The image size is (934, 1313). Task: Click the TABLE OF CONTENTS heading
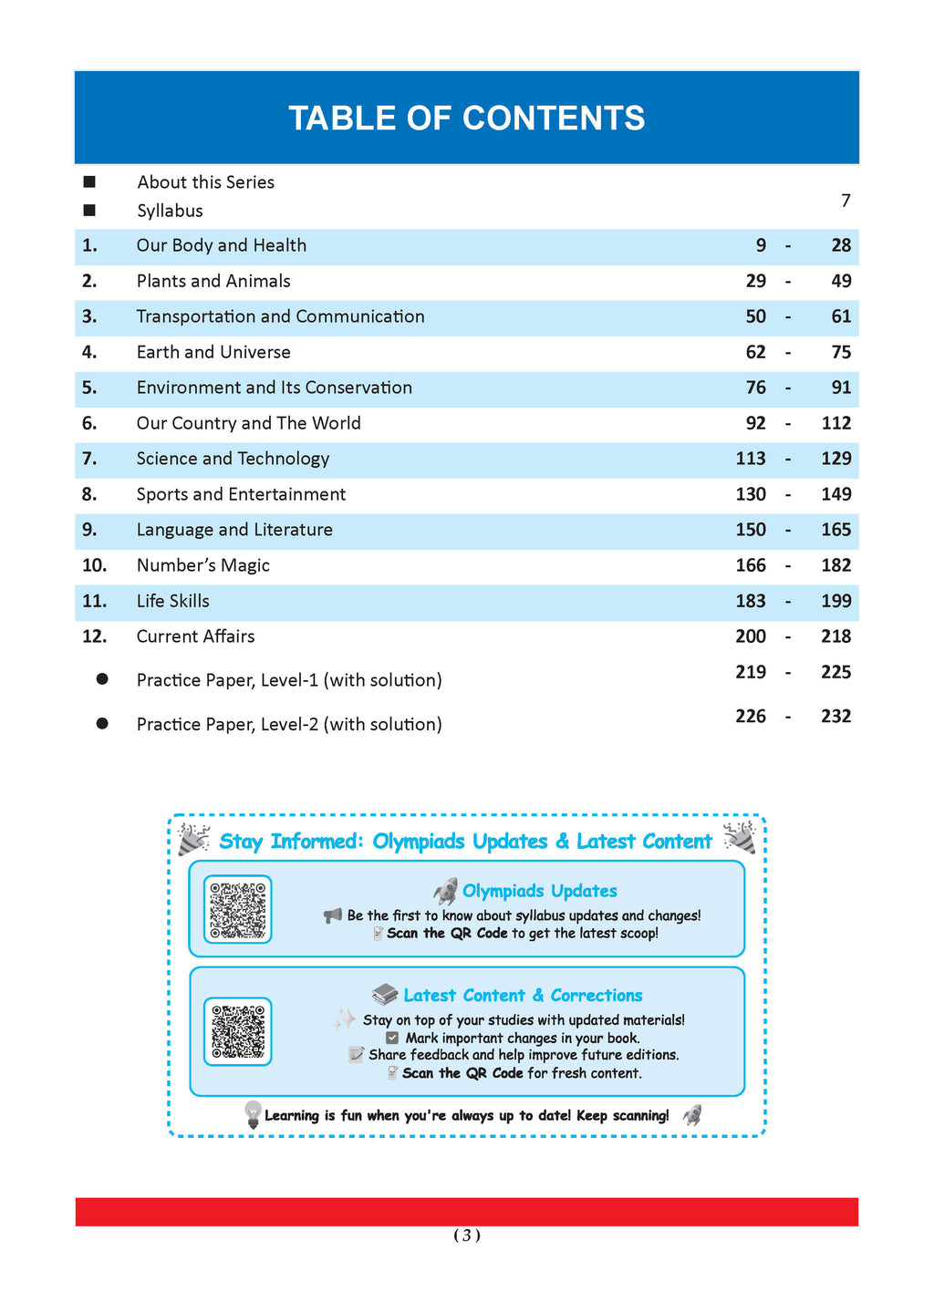[466, 119]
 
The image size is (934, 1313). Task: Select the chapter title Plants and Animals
[213, 281]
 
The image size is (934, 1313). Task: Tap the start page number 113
[751, 459]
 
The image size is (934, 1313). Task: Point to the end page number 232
[835, 716]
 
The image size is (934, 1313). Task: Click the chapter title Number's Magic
[202, 565]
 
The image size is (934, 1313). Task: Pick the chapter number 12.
[94, 636]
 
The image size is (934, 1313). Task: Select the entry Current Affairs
[195, 636]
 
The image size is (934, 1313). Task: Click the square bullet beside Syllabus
[89, 211]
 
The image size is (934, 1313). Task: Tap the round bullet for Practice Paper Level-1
[102, 679]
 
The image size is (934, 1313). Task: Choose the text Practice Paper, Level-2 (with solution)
[289, 724]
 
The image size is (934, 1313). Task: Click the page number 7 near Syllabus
[846, 201]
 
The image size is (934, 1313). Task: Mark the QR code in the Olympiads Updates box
[237, 909]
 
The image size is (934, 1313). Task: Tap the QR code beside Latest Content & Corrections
[237, 1031]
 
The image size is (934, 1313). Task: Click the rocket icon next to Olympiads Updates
[445, 891]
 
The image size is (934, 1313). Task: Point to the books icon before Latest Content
[385, 995]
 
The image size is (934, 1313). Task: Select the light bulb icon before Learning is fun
[253, 1114]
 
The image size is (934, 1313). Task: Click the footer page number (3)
[466, 1235]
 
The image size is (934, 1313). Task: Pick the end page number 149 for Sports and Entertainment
[835, 494]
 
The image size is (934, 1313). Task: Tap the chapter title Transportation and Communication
[280, 316]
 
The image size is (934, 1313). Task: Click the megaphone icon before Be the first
[333, 915]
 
